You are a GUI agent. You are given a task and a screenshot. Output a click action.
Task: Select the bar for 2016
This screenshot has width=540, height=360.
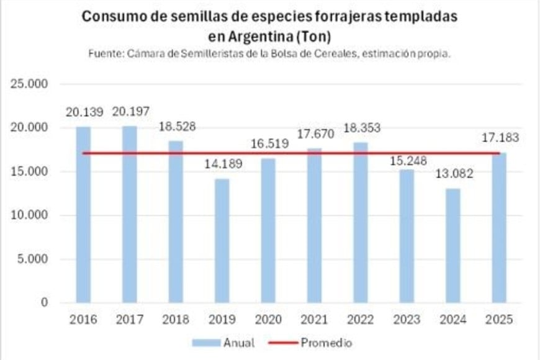point(83,215)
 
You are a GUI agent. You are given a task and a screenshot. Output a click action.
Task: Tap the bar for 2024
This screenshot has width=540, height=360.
point(453,246)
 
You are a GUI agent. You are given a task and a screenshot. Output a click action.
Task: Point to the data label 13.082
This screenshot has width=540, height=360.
point(453,174)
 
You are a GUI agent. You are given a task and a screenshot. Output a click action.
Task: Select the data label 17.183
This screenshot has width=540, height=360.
point(499,138)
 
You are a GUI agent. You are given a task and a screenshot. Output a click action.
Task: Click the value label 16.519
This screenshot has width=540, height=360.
point(268,144)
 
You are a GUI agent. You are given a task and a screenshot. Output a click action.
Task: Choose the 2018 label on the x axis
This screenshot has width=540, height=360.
point(176,320)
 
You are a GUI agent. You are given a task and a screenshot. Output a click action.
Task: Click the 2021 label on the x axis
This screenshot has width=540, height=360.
point(314,320)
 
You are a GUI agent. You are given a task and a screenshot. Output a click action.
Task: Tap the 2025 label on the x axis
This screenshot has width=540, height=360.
point(499,320)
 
